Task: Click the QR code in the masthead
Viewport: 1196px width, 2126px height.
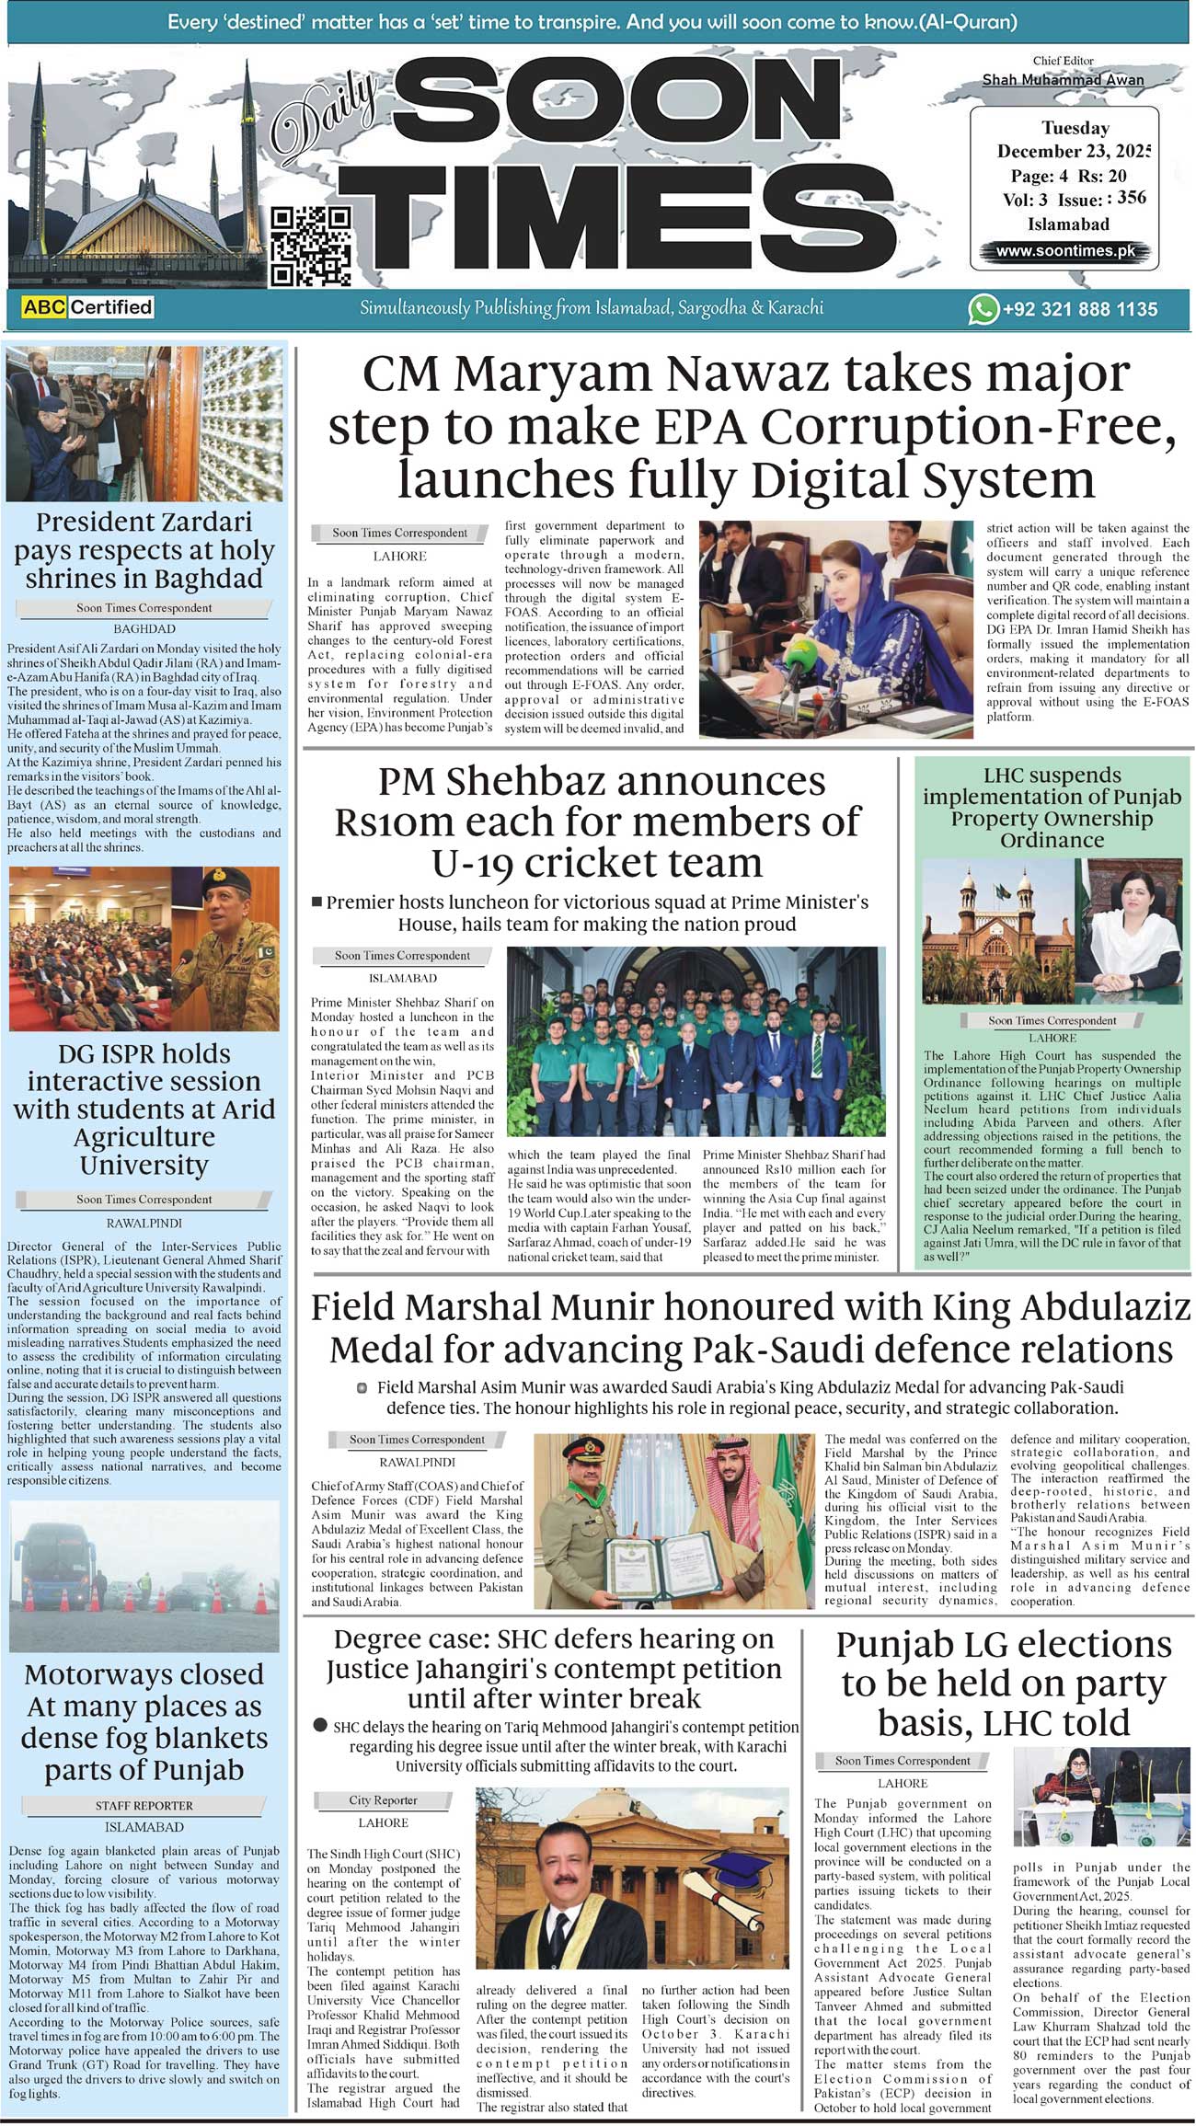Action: pos(310,246)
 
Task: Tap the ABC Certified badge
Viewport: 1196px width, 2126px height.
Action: pos(87,307)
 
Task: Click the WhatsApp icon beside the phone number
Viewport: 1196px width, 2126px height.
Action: pos(983,309)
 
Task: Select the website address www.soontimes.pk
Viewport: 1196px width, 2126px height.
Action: pos(1066,250)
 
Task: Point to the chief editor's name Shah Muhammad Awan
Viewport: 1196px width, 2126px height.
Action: pos(1063,80)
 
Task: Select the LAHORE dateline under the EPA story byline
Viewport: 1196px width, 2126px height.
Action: pos(399,557)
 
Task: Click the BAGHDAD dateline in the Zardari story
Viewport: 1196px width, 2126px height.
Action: pos(144,629)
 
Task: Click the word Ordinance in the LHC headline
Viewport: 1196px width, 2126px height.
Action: pos(1052,840)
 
